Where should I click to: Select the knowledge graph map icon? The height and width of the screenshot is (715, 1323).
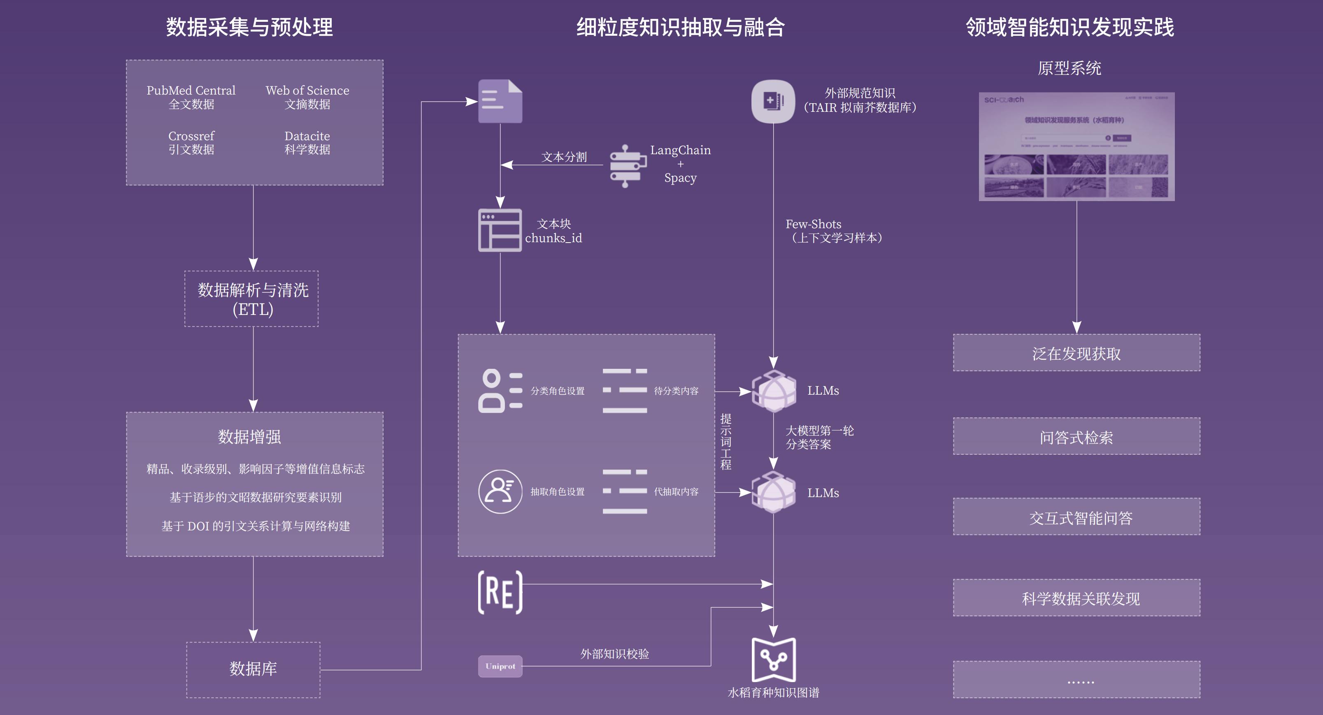click(x=774, y=659)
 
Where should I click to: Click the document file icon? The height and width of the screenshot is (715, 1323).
click(x=500, y=101)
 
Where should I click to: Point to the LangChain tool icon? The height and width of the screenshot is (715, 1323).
click(x=627, y=166)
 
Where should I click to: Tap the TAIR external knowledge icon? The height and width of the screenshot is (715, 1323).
click(x=773, y=101)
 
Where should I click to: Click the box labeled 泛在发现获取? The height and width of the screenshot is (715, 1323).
click(x=1077, y=353)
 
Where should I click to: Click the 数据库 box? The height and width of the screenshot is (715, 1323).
click(x=253, y=669)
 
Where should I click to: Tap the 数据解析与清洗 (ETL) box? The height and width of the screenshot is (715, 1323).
click(x=252, y=299)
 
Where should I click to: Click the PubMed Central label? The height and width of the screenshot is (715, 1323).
click(x=191, y=91)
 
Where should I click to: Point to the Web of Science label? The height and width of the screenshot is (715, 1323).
click(x=307, y=91)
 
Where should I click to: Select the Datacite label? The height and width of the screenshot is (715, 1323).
click(x=307, y=137)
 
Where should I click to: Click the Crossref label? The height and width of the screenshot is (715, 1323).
click(x=191, y=137)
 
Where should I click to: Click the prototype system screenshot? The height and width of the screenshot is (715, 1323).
click(x=1077, y=147)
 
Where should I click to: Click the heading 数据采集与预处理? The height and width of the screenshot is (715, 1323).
click(x=250, y=27)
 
